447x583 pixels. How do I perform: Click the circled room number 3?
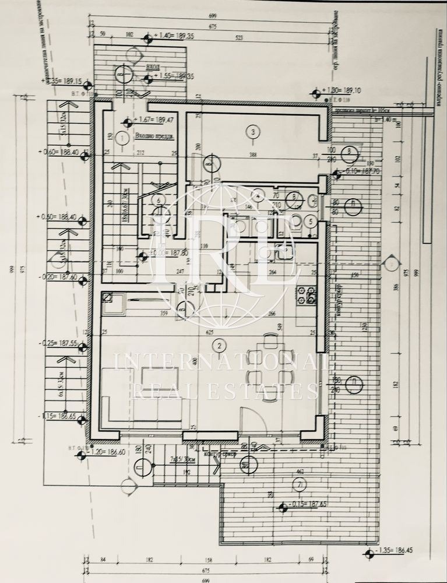[x=252, y=132]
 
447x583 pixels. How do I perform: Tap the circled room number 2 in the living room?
[x=219, y=346]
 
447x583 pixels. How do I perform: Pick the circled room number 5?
[x=311, y=222]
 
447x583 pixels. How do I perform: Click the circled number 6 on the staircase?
[x=159, y=199]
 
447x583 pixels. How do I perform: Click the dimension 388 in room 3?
[x=252, y=154]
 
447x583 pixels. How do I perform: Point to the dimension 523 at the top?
[x=238, y=39]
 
